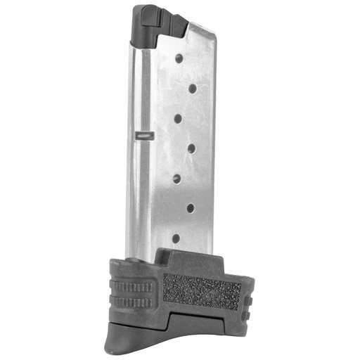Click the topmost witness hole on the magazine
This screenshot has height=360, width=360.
coord(179,58)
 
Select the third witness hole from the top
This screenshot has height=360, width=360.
coord(179,117)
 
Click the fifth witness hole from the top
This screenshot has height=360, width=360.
coord(178,177)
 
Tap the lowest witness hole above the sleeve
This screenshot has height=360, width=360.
coord(176,238)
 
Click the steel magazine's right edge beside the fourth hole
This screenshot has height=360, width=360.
coord(212,147)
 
